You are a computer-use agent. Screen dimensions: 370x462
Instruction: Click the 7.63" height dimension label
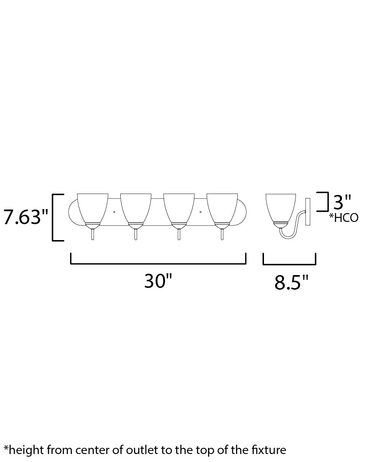coord(26,217)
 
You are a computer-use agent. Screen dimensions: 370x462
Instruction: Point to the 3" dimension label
coord(342,202)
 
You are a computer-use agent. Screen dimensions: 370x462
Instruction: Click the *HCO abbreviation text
coord(344,218)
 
